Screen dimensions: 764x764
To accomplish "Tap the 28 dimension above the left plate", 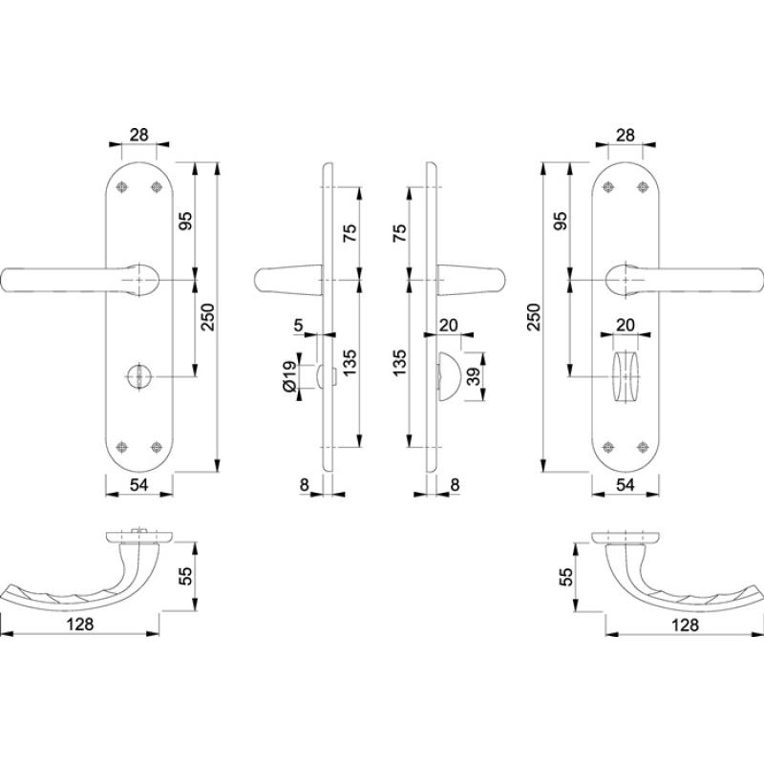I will pyautogui.click(x=139, y=135).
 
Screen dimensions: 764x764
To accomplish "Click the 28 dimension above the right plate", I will pyautogui.click(x=626, y=135).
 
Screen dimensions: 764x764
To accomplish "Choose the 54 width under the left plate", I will pyautogui.click(x=139, y=485).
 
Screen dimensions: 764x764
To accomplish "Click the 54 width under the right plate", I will pyautogui.click(x=626, y=485).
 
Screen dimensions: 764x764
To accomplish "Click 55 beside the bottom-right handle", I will pyautogui.click(x=565, y=575).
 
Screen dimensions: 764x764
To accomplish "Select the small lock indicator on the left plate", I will pyautogui.click(x=139, y=378).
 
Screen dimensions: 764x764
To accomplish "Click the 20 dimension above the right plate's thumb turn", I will pyautogui.click(x=626, y=326).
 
